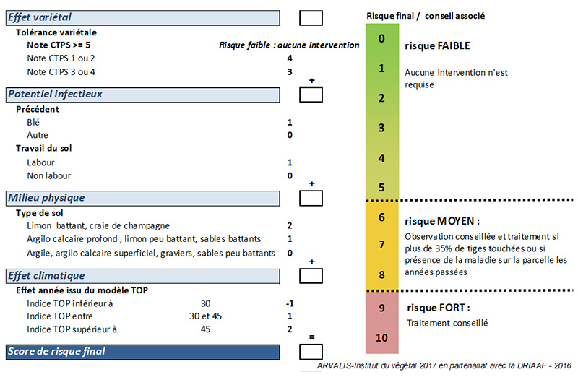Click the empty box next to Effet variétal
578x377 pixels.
click(x=311, y=17)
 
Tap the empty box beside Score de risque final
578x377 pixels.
click(x=311, y=352)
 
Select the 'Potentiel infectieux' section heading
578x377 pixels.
click(x=56, y=95)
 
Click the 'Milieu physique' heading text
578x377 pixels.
click(x=46, y=198)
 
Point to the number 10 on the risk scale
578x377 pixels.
click(x=381, y=337)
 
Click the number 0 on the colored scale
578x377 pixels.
click(x=381, y=38)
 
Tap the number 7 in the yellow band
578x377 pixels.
click(x=381, y=244)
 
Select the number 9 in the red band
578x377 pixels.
click(x=381, y=308)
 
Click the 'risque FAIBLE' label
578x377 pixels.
click(x=437, y=45)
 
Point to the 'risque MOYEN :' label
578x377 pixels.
click(x=442, y=221)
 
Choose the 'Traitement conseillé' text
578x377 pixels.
click(x=447, y=324)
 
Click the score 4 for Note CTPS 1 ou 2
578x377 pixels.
click(x=290, y=58)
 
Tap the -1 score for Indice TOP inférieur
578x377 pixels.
click(x=290, y=303)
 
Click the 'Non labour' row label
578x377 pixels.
click(x=48, y=175)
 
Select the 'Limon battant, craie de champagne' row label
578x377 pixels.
click(x=98, y=225)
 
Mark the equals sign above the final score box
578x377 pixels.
click(x=312, y=337)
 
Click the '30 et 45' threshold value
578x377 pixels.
click(x=205, y=316)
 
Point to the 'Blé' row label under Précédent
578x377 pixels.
click(x=33, y=122)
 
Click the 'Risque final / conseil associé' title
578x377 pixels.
click(x=426, y=16)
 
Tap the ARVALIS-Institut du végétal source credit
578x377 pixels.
click(x=444, y=365)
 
